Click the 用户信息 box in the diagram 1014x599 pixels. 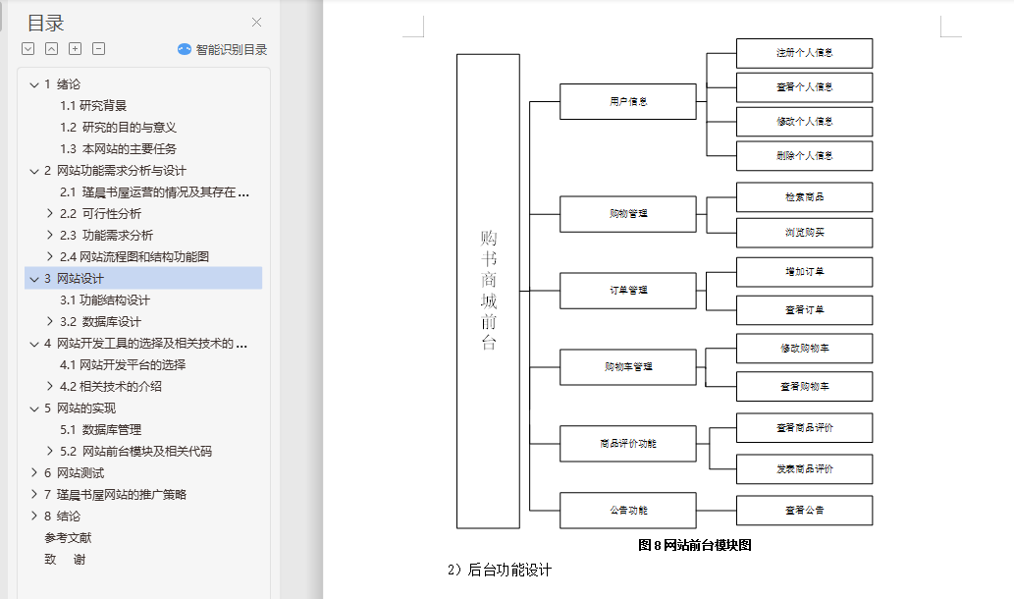coord(627,101)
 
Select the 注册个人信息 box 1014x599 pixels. coord(804,53)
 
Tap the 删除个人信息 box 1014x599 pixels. coord(804,156)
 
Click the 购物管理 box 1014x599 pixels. coord(627,213)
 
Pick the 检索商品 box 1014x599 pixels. coord(804,197)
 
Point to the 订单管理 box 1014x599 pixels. coord(627,290)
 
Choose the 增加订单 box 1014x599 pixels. coord(804,272)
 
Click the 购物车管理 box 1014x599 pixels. coord(627,366)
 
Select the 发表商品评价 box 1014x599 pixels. coord(804,469)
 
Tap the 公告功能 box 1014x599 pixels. coord(627,511)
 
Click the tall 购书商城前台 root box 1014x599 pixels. coord(488,291)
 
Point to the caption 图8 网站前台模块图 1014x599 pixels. coord(694,545)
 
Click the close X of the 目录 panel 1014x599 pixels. coord(257,23)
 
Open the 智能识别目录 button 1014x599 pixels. coord(222,49)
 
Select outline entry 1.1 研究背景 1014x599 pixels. coord(93,106)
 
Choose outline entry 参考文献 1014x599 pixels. coord(68,538)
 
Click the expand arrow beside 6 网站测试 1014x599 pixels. coord(33,473)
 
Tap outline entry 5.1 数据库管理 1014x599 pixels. coord(100,430)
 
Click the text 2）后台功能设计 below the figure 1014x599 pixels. coord(500,571)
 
